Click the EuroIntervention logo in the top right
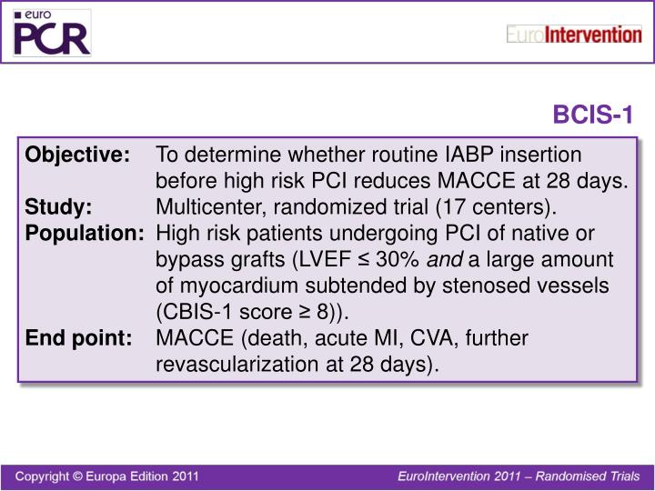pyautogui.click(x=573, y=35)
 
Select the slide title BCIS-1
pyautogui.click(x=593, y=115)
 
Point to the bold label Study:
pyautogui.click(x=58, y=206)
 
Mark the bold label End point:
pyautogui.click(x=78, y=339)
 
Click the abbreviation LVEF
pyautogui.click(x=321, y=260)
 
